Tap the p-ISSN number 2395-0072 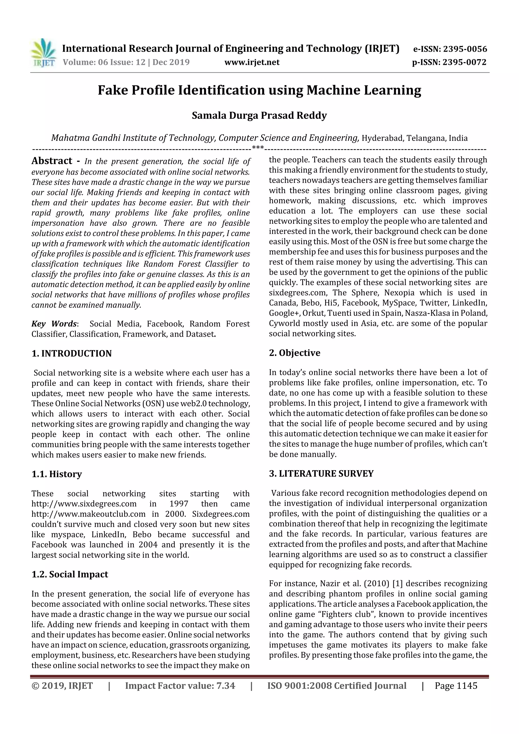pyautogui.click(x=464, y=62)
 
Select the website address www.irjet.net pyautogui.click(x=252, y=62)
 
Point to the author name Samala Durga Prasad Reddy pyautogui.click(x=259, y=115)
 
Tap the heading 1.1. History pyautogui.click(x=57, y=474)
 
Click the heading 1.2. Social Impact pyautogui.click(x=70, y=574)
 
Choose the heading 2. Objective pyautogui.click(x=294, y=353)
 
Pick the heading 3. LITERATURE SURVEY pyautogui.click(x=321, y=474)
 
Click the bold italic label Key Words pyautogui.click(x=54, y=324)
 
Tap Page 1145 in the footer pyautogui.click(x=456, y=686)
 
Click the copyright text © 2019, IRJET pyautogui.click(x=62, y=686)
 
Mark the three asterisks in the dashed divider pyautogui.click(x=258, y=147)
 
